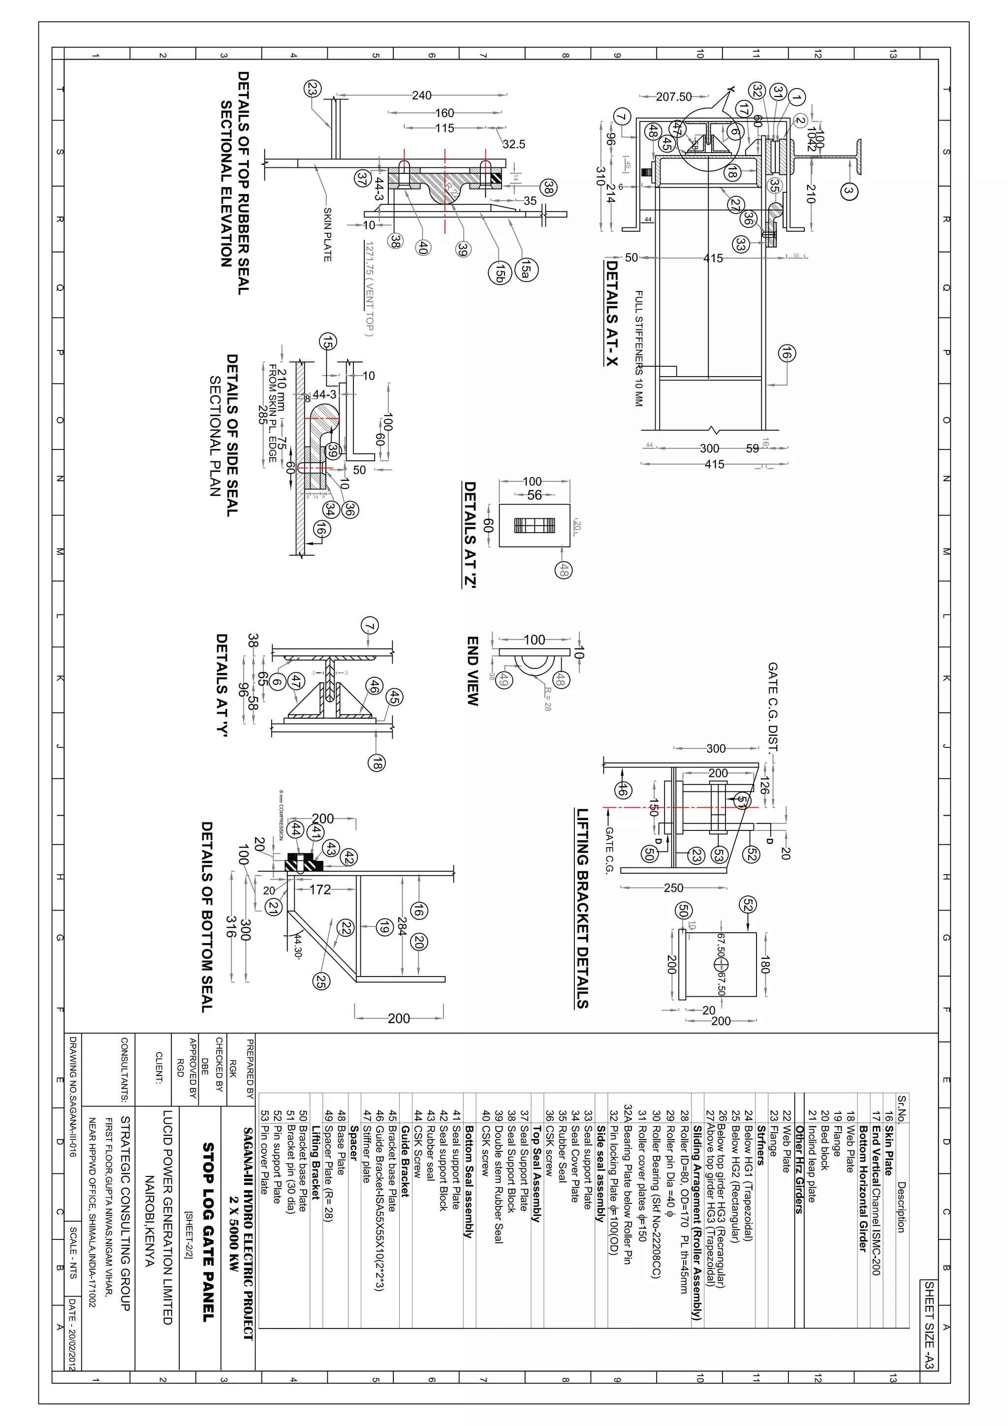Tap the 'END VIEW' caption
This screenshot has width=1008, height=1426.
point(472,671)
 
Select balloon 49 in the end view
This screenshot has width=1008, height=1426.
point(504,680)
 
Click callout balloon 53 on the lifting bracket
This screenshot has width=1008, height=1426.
point(718,855)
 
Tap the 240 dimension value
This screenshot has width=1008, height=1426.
point(422,95)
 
